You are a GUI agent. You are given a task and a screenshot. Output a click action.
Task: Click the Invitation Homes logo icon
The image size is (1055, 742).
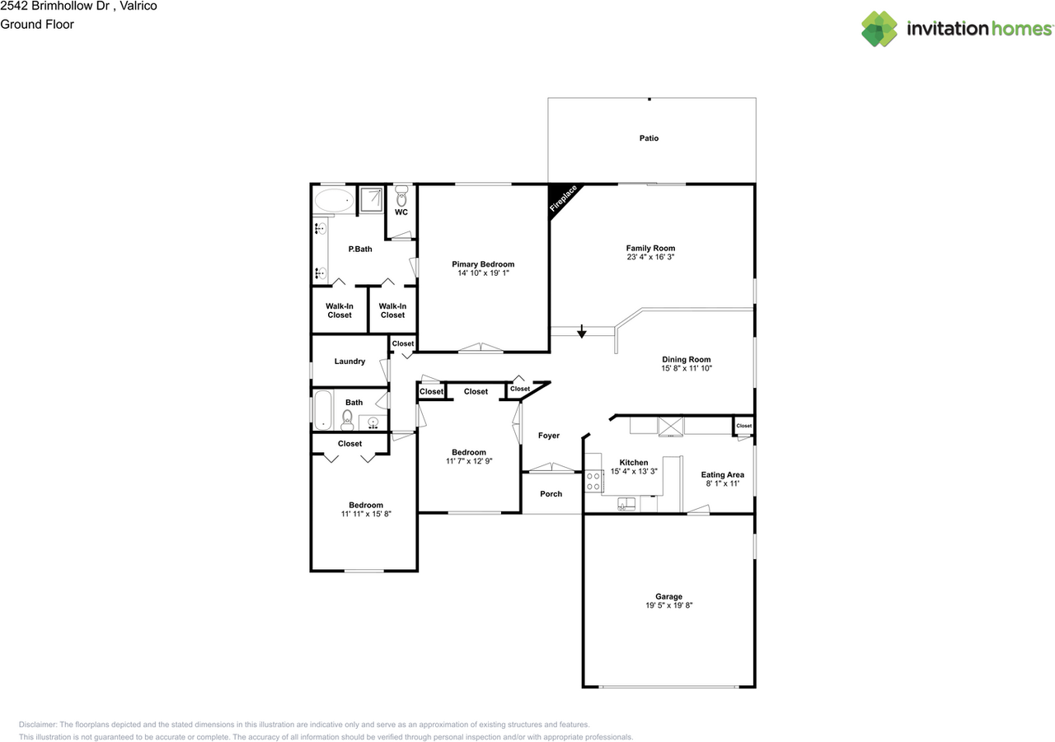879,29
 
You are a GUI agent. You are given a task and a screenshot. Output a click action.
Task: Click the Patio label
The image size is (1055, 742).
649,138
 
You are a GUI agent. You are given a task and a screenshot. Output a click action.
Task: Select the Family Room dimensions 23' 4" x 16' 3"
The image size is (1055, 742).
650,257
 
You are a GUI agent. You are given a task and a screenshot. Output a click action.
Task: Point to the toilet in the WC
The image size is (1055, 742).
401,198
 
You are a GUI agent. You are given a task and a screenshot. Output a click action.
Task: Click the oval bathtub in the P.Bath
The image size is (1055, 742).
333,200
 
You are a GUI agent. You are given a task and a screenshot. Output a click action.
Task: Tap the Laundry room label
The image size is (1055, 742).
349,362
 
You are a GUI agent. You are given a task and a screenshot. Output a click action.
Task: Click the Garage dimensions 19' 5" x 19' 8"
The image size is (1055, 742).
668,605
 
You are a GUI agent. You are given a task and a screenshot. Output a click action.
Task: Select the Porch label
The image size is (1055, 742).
551,494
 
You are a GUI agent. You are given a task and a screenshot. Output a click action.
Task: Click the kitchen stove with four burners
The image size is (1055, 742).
593,481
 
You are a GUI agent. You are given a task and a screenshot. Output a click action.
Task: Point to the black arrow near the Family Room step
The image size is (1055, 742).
582,332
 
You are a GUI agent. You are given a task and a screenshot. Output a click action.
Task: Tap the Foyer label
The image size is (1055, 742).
549,436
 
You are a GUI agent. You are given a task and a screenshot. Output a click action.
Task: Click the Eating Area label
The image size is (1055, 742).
722,474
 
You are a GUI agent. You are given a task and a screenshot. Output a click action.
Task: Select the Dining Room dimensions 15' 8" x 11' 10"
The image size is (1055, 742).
686,368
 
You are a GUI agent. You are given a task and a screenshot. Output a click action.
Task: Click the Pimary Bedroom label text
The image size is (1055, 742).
483,264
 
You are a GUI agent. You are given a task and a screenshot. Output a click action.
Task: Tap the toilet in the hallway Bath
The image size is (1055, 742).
347,418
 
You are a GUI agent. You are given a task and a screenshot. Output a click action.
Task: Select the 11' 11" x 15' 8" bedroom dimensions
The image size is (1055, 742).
365,514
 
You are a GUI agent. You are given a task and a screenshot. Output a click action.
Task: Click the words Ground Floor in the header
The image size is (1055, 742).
37,25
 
